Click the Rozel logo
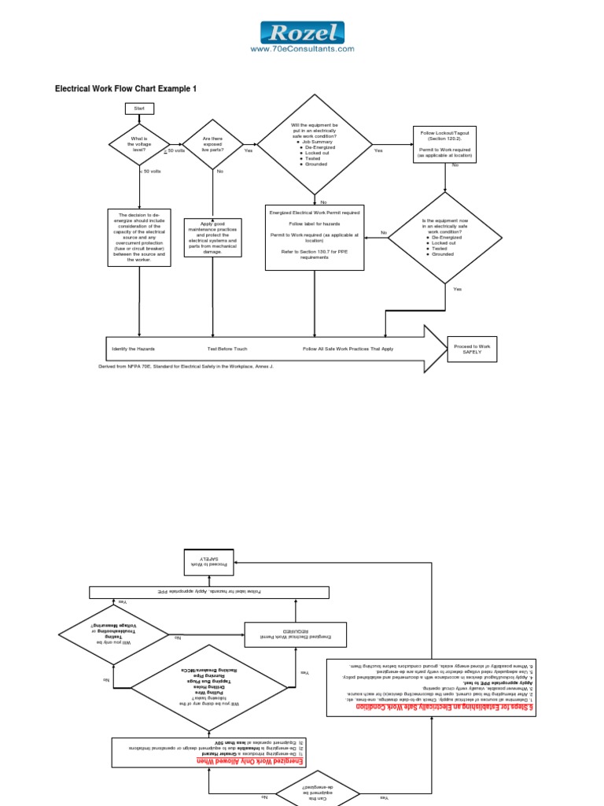[302, 31]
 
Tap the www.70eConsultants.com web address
[302, 49]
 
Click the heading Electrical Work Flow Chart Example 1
[124, 89]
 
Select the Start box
[139, 108]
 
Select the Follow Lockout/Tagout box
[444, 144]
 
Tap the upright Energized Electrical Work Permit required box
[314, 237]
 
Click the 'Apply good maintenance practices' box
[212, 237]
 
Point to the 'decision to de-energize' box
[139, 237]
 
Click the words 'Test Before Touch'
[227, 348]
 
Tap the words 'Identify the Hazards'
[133, 348]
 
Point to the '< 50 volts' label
[150, 170]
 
